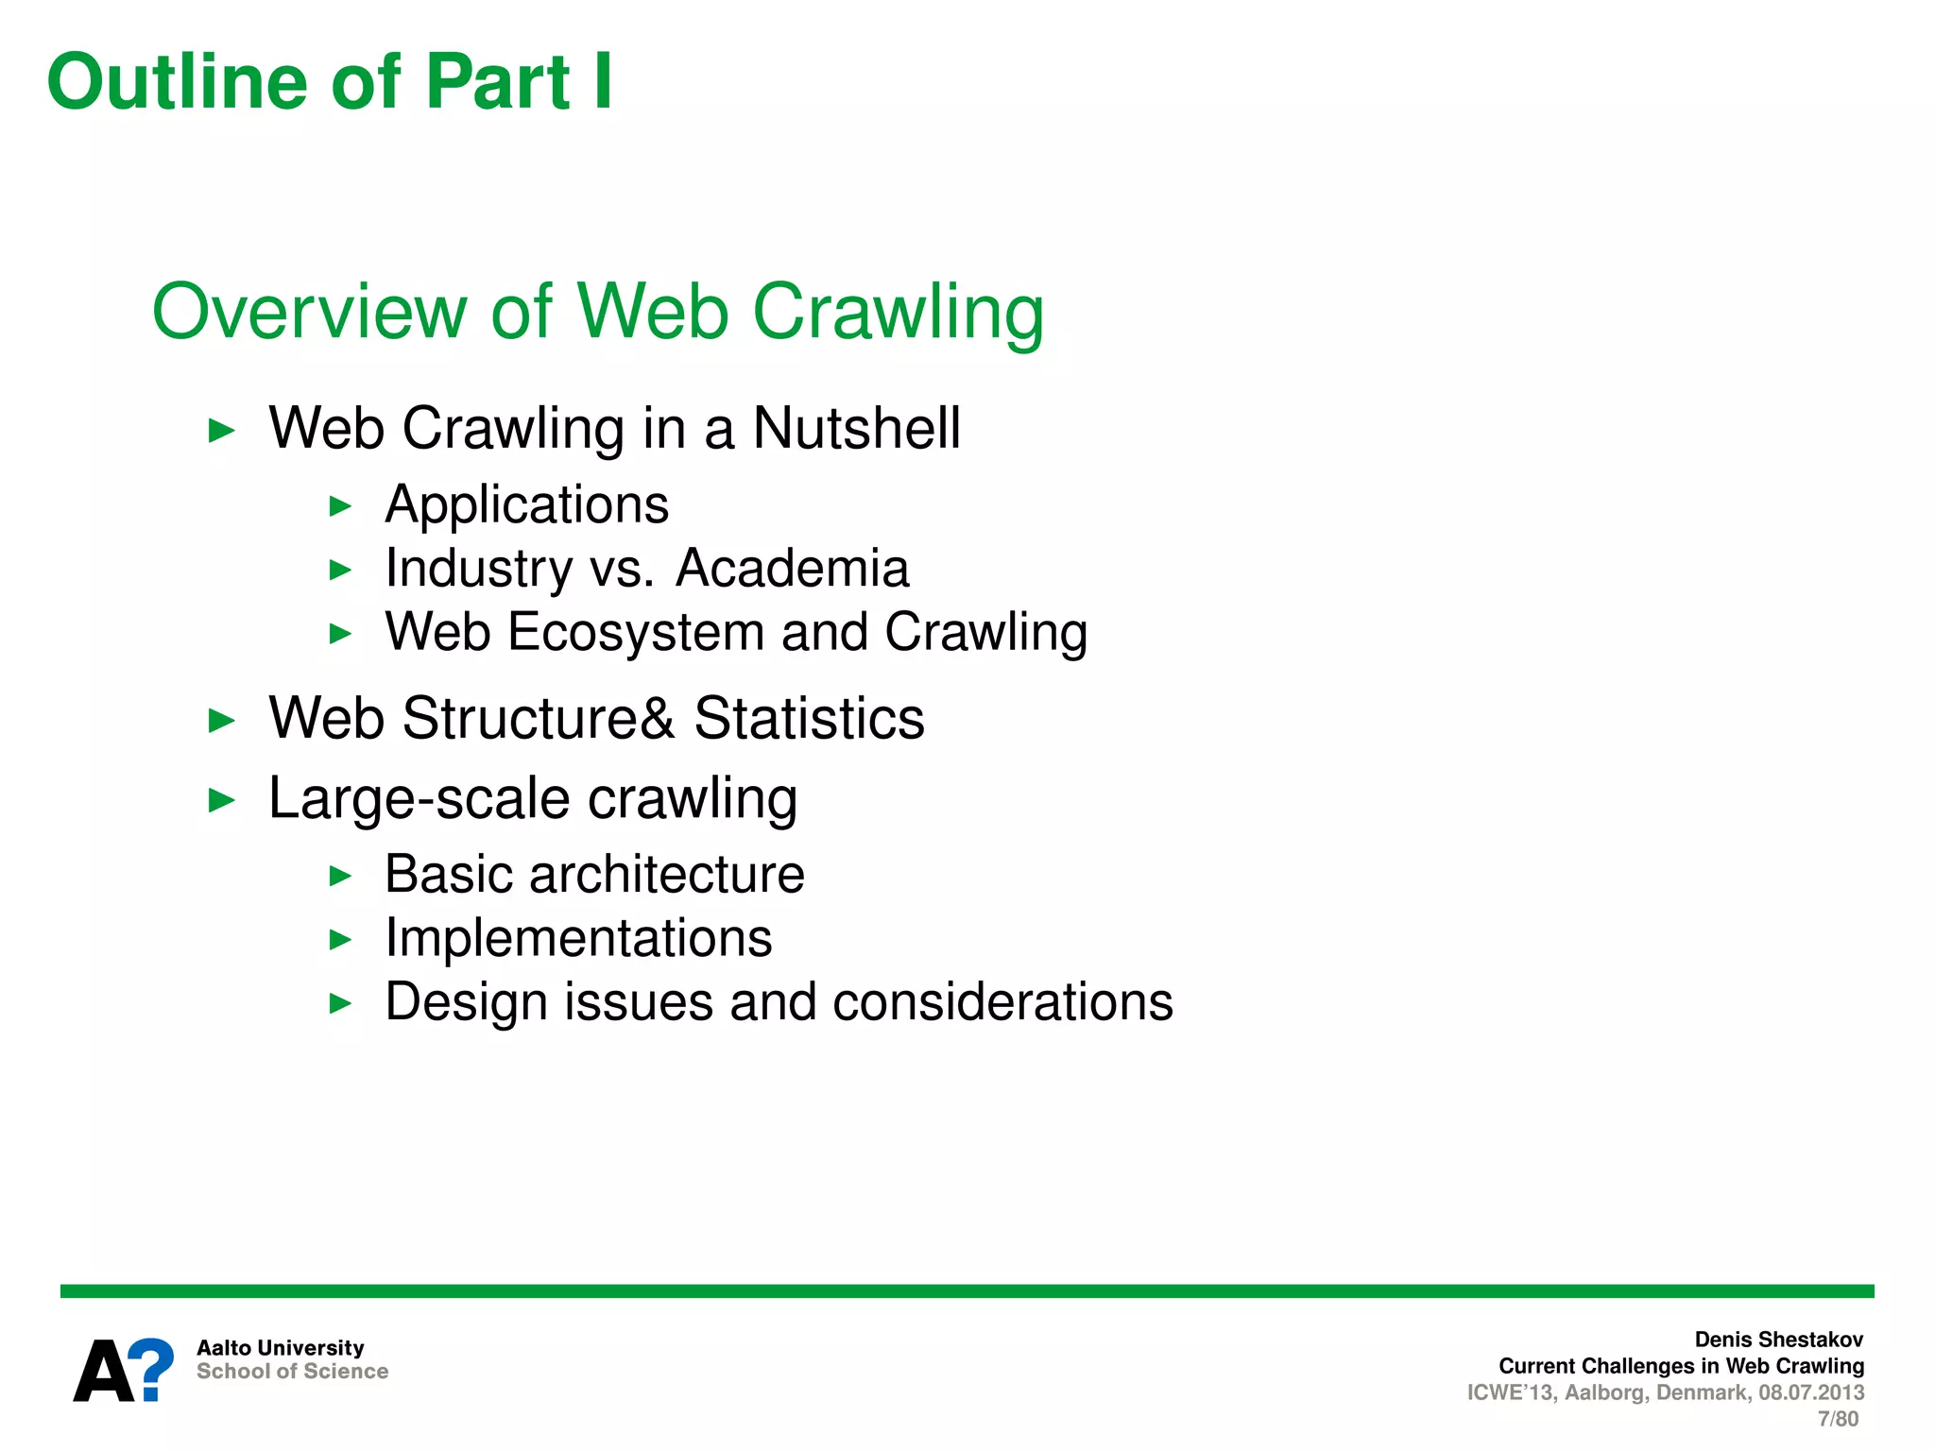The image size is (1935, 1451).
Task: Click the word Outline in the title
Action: pos(178,82)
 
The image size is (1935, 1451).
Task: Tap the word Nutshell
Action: pos(856,428)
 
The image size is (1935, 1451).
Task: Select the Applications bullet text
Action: pos(526,505)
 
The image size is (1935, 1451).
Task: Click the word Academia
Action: pos(792,569)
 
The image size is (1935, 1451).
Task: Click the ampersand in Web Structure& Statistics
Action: pos(658,719)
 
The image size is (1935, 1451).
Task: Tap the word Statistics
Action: pos(809,719)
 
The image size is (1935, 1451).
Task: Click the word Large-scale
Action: pos(419,799)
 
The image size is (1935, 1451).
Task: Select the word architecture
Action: pos(666,875)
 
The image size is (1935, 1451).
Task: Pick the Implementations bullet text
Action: pos(578,939)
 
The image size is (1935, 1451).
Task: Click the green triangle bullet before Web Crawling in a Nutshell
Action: pos(221,432)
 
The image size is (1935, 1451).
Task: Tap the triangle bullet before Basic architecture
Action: pos(340,877)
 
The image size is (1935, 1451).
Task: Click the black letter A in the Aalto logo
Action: pos(102,1372)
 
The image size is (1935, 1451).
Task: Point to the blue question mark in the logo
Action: pos(151,1368)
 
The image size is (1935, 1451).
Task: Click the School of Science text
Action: pos(292,1372)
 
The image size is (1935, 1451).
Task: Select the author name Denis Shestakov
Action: pos(1778,1340)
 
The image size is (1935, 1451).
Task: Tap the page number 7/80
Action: pos(1838,1419)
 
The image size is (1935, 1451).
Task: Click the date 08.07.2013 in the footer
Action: pos(1810,1392)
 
